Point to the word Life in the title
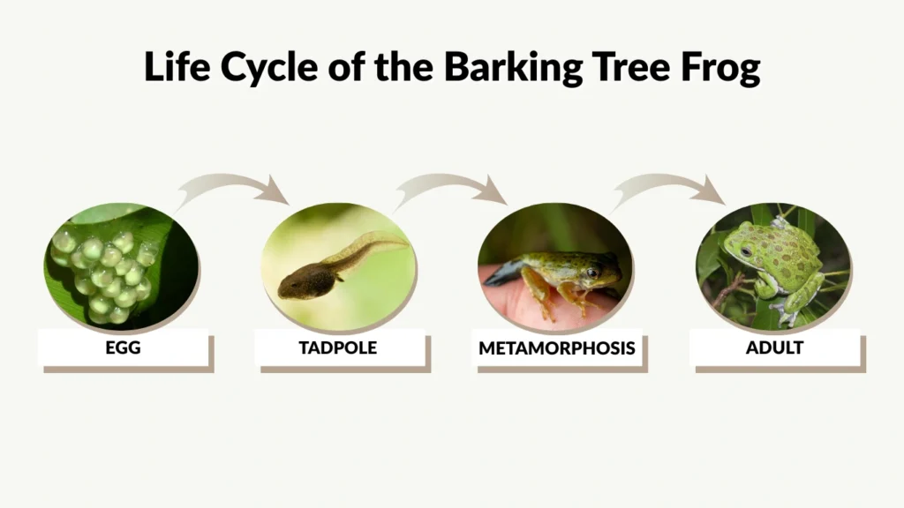click(177, 67)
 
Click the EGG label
click(123, 347)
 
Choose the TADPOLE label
click(338, 347)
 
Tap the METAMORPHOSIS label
click(556, 348)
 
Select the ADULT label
click(774, 347)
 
